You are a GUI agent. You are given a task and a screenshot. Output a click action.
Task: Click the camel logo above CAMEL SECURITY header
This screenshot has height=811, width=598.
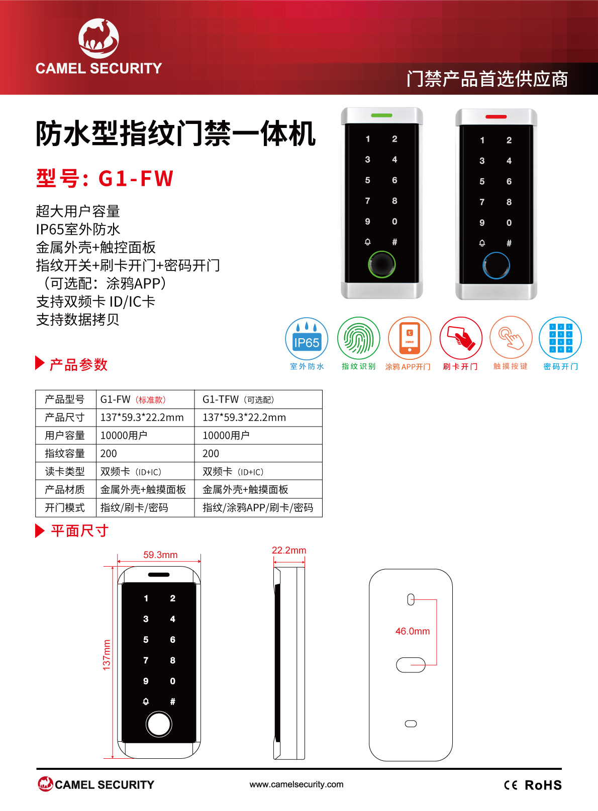pos(98,38)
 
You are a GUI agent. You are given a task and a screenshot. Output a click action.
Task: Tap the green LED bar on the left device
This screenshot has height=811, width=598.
pos(381,115)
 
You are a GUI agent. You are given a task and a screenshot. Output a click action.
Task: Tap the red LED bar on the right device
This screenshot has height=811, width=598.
pos(496,116)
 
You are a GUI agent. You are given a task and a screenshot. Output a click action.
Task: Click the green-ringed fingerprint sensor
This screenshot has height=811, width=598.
pos(381,264)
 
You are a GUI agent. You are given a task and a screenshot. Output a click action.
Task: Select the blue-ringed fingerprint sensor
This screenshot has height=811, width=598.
pos(496,265)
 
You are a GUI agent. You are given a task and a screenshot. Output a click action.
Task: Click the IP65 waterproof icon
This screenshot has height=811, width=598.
pos(307,339)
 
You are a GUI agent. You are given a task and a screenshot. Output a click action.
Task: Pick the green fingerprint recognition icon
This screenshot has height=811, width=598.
pos(358,338)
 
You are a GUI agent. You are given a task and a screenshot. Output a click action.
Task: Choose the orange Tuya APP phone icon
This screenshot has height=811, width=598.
pos(410,338)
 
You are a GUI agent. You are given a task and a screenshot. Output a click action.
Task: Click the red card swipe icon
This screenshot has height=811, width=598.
pos(461,338)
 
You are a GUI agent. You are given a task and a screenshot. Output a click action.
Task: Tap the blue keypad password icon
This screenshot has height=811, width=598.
pos(560,338)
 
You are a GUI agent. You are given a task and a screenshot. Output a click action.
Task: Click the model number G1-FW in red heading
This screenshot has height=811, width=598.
pos(136,179)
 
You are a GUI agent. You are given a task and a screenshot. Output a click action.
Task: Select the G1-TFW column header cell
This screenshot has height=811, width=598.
pos(258,399)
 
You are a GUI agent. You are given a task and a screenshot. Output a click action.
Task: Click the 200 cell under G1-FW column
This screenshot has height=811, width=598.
pos(145,453)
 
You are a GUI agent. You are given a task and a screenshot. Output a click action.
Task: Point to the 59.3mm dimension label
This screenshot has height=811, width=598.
pos(160,555)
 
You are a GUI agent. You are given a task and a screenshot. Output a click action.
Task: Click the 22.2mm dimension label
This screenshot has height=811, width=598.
pos(289,551)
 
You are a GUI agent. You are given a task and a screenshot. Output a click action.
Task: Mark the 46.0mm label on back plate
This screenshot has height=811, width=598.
pos(413,631)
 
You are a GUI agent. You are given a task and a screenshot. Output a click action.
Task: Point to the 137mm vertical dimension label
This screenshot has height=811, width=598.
pos(106,654)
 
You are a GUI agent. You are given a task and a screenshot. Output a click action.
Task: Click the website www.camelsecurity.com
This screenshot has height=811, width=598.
pos(296,784)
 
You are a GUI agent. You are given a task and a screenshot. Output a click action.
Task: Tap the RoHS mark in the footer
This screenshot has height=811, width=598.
pos(543,785)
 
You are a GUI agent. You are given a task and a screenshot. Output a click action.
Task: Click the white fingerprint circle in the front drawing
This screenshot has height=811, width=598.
pos(158,724)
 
